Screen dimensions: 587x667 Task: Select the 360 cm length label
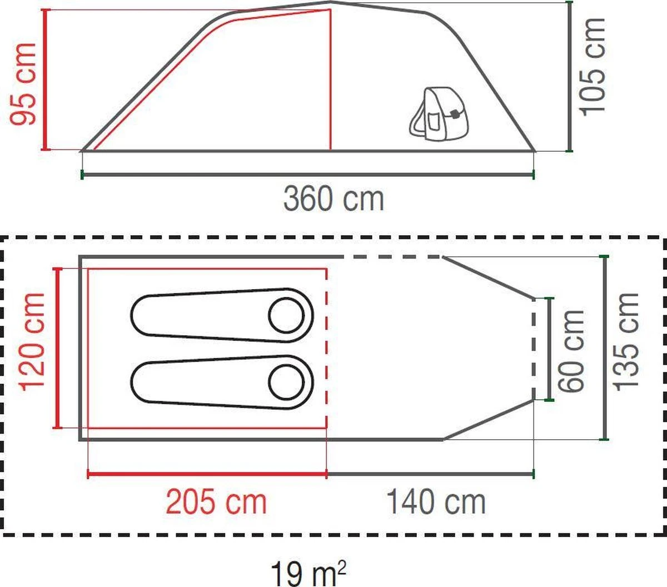[x=333, y=199]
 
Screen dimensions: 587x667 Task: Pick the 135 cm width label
[x=626, y=342]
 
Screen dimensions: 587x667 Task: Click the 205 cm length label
[x=217, y=502]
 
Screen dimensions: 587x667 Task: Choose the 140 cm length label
[x=436, y=502]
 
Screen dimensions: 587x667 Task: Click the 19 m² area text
[x=309, y=573]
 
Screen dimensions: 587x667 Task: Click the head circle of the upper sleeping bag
[x=286, y=315]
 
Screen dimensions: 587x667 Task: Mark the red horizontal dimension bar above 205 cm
[x=207, y=474]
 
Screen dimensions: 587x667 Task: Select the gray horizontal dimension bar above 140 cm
[x=430, y=474]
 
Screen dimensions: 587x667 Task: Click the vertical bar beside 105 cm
[x=569, y=77]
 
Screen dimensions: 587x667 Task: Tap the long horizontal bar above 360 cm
[x=308, y=175]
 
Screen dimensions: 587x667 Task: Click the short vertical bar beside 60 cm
[x=550, y=349]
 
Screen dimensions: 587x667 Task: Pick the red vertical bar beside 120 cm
[x=56, y=348]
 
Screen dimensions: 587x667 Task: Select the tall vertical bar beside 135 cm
[x=605, y=347]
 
